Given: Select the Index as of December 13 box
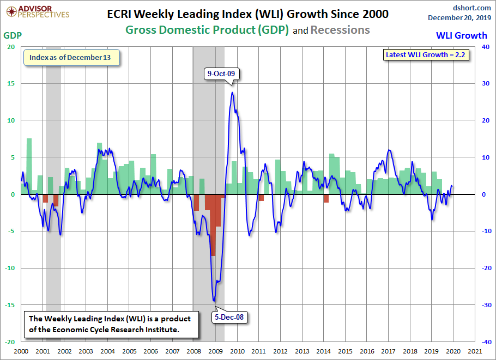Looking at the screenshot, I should (71, 58).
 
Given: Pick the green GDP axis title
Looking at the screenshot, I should (13, 35).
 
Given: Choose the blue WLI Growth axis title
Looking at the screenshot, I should (462, 35).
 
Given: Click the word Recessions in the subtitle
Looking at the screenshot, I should (340, 30).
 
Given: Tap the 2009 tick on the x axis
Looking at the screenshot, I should (215, 352).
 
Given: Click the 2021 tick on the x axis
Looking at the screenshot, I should (474, 352).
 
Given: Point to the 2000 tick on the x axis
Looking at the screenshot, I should (21, 352).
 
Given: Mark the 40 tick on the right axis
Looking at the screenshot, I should (483, 47).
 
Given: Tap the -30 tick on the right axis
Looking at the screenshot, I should (483, 305).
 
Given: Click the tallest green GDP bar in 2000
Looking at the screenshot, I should (29, 166).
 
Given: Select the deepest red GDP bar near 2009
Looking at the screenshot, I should (213, 225).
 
